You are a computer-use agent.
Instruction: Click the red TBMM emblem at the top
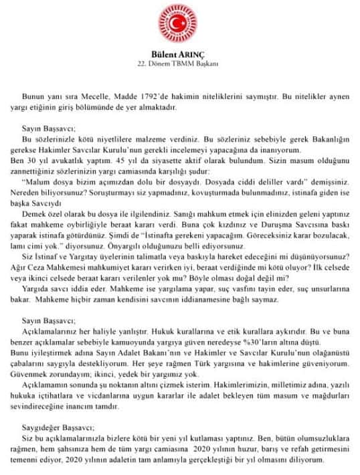click(179, 25)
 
